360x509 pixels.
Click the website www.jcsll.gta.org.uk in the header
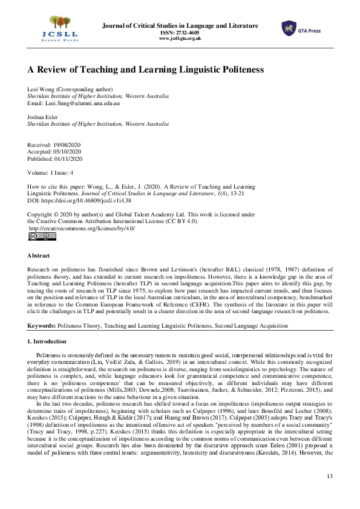180,38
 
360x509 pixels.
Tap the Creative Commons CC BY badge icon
42,236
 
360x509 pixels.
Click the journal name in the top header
180,25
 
